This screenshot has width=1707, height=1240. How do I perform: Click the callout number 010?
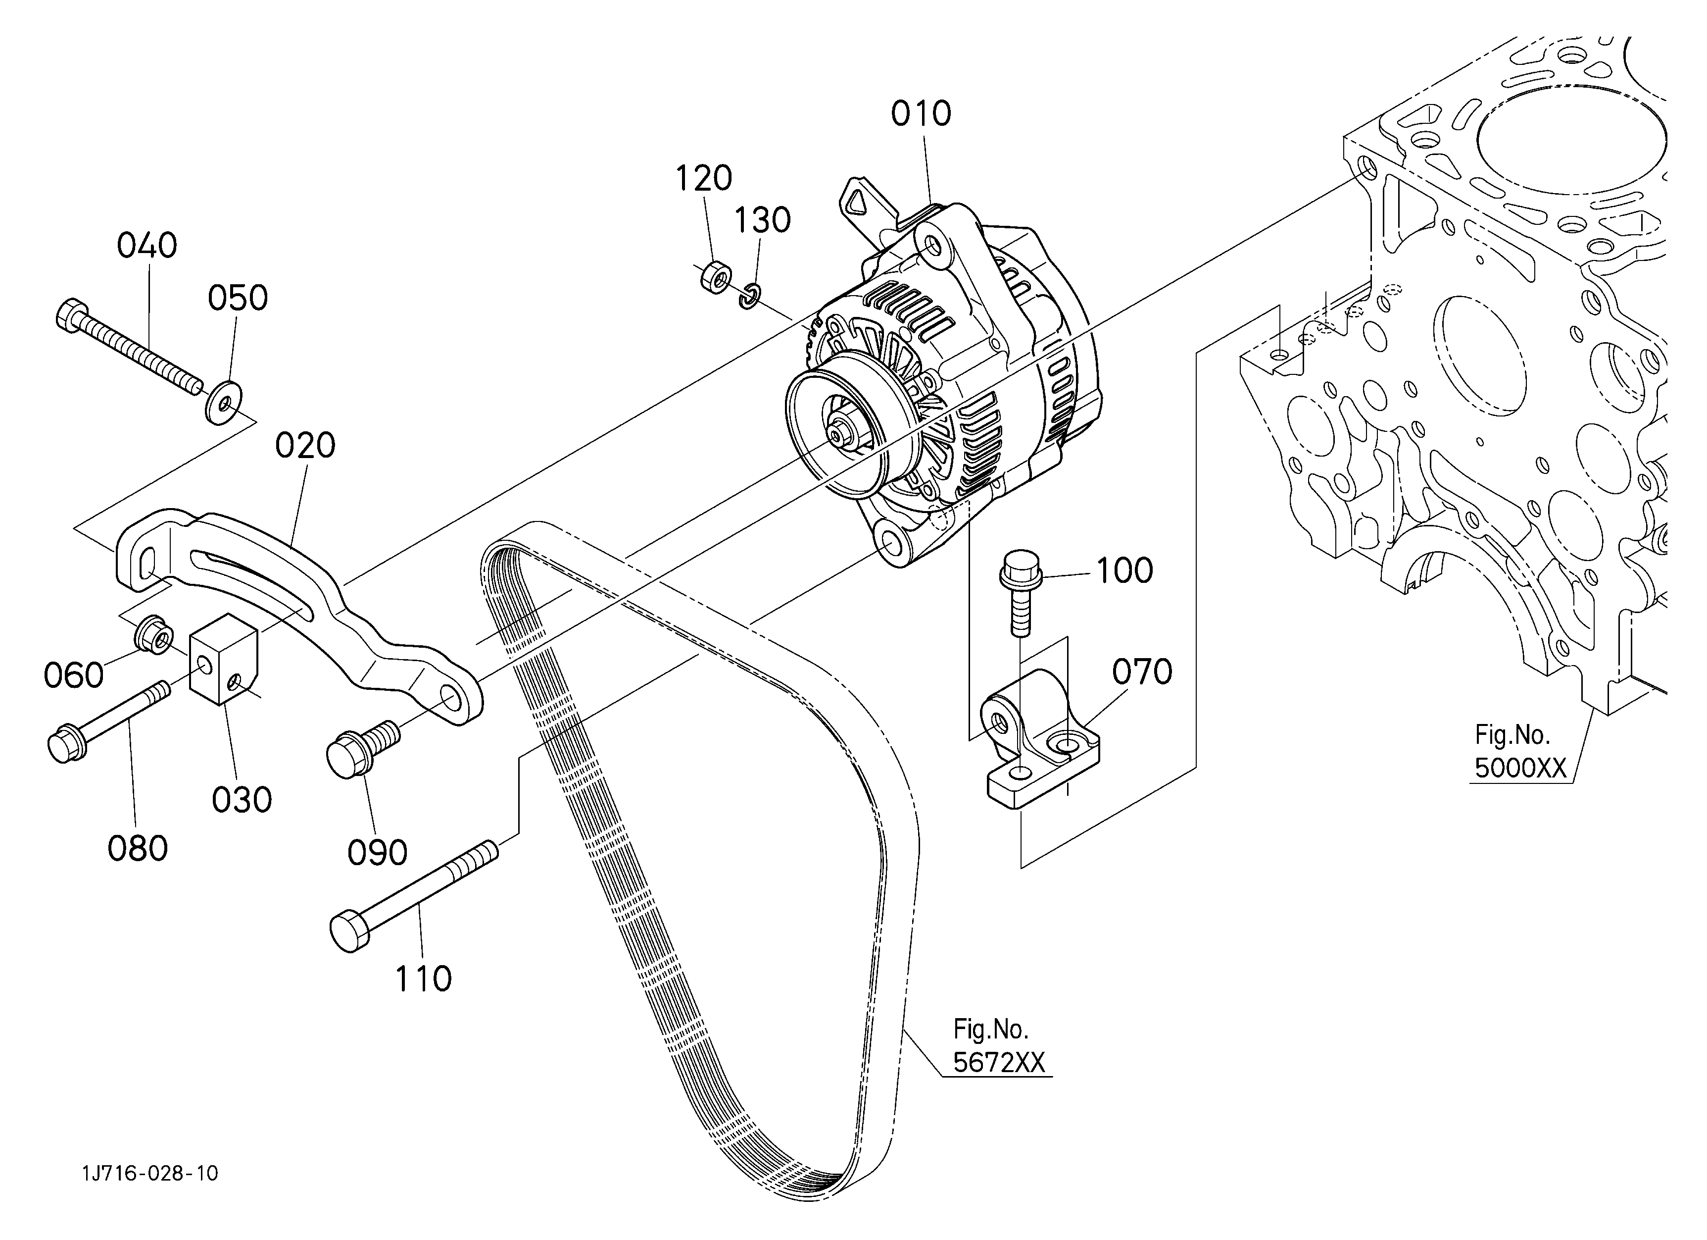point(921,114)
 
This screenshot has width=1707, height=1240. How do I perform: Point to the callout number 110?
point(423,979)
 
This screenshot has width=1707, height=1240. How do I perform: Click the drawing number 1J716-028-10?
point(150,1173)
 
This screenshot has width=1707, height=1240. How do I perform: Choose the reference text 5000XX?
point(1520,768)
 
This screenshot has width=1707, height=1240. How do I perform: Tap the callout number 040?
point(147,246)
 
